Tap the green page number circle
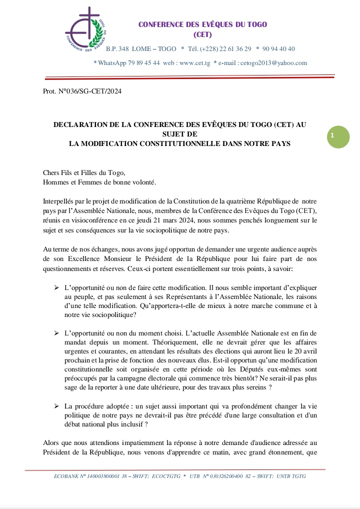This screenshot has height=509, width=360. coord(338,135)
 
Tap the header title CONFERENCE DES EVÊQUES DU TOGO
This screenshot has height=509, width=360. coord(202,24)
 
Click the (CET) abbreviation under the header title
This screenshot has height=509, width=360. coord(202,34)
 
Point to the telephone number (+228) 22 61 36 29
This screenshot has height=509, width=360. coord(225,48)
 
